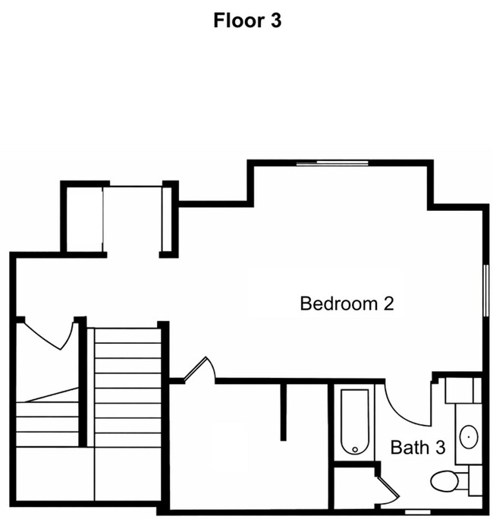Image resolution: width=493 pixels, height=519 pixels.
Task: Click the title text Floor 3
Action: (x=247, y=21)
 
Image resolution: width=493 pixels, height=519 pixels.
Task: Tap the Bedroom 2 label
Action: (x=347, y=304)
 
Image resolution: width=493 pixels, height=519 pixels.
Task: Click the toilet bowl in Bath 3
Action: (x=444, y=480)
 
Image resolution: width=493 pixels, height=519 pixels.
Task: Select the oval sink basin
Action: (x=469, y=437)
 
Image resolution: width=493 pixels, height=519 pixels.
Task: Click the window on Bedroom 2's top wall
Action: (x=332, y=162)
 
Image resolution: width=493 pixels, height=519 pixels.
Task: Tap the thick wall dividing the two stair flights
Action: (x=83, y=383)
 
